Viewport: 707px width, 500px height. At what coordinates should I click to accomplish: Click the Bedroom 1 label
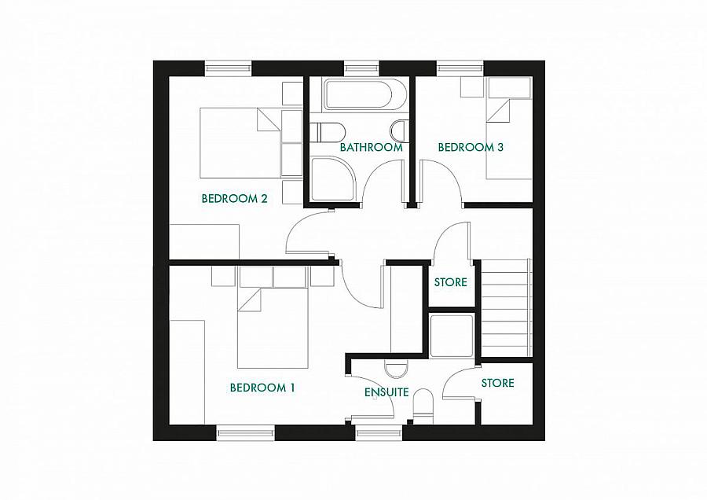tap(262, 388)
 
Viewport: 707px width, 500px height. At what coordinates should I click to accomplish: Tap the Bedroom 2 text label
tap(234, 199)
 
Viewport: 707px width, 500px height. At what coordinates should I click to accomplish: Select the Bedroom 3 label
tap(471, 147)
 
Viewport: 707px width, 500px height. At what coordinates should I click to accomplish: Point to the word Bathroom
tap(371, 147)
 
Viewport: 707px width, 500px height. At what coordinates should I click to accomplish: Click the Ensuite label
tap(386, 392)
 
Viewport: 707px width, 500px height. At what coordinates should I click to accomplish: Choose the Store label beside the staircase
tap(450, 282)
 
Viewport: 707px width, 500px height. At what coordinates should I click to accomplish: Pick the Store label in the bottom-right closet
tap(498, 383)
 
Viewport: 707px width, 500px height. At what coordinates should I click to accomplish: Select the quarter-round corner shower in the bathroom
tap(333, 178)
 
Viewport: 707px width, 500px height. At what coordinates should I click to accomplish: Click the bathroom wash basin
tap(400, 131)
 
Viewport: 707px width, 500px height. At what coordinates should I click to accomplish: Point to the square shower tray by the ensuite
tap(452, 336)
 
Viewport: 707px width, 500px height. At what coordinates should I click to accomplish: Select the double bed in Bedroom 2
tap(241, 142)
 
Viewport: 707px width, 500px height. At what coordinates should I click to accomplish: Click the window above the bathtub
tap(362, 68)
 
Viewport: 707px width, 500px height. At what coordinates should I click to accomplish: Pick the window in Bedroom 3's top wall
tap(460, 68)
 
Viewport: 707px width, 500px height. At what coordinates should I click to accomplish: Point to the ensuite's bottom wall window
tap(379, 433)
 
